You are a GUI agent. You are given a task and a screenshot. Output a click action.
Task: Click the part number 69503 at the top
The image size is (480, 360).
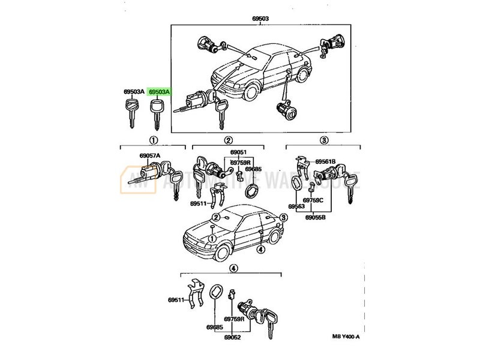pos(260,19)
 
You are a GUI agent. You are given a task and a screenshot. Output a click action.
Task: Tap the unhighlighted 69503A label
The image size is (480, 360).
pos(134,92)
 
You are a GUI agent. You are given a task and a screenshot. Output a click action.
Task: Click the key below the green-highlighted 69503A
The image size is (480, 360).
pos(157,114)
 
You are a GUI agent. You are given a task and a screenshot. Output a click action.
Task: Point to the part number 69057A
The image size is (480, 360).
pos(149,156)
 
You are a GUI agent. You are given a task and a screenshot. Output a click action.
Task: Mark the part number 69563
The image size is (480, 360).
pos(296,206)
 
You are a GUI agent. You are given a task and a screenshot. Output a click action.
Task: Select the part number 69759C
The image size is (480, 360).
pos(313,200)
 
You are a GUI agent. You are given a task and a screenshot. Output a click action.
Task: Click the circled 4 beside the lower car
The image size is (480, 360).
pos(260,248)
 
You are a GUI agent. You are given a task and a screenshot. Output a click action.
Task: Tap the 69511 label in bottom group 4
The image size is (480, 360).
pos(176,299)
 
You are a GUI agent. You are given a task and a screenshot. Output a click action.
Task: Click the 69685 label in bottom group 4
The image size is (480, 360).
pos(214,328)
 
